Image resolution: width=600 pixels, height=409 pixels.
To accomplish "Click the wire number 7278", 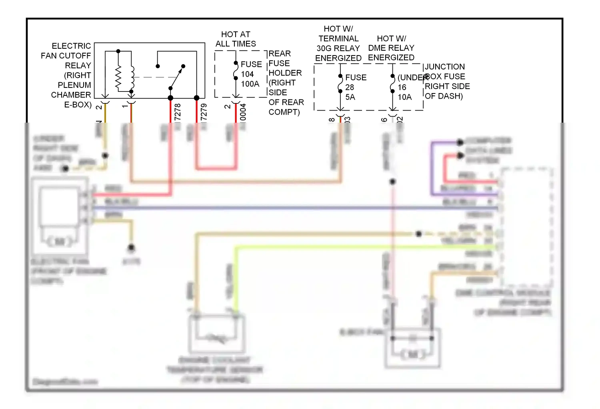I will click(x=178, y=112).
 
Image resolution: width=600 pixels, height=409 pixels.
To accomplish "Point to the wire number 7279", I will click(x=204, y=112).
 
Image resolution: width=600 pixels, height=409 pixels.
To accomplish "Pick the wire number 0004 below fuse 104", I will click(x=243, y=112).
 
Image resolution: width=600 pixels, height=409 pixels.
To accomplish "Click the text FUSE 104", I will click(x=251, y=69).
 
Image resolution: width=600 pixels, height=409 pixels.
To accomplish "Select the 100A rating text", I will click(x=250, y=84).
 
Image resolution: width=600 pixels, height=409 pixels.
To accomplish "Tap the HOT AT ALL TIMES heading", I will click(x=236, y=39).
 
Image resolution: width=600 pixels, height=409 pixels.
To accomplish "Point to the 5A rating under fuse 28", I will click(x=350, y=97).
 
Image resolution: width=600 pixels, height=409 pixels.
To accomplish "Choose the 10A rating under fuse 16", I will click(x=404, y=97).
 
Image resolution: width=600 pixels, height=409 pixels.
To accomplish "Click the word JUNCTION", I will click(x=444, y=67).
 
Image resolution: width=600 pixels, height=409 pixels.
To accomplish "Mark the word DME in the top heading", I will click(x=376, y=48).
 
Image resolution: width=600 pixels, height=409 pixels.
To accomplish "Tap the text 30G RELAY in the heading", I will click(x=338, y=48).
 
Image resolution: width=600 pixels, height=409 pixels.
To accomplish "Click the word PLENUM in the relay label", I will click(x=74, y=85).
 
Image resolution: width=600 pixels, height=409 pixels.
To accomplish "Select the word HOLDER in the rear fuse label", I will click(x=285, y=73).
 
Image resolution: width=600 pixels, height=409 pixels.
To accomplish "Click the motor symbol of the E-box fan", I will click(x=412, y=354).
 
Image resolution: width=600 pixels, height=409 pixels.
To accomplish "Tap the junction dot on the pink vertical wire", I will click(x=393, y=182).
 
